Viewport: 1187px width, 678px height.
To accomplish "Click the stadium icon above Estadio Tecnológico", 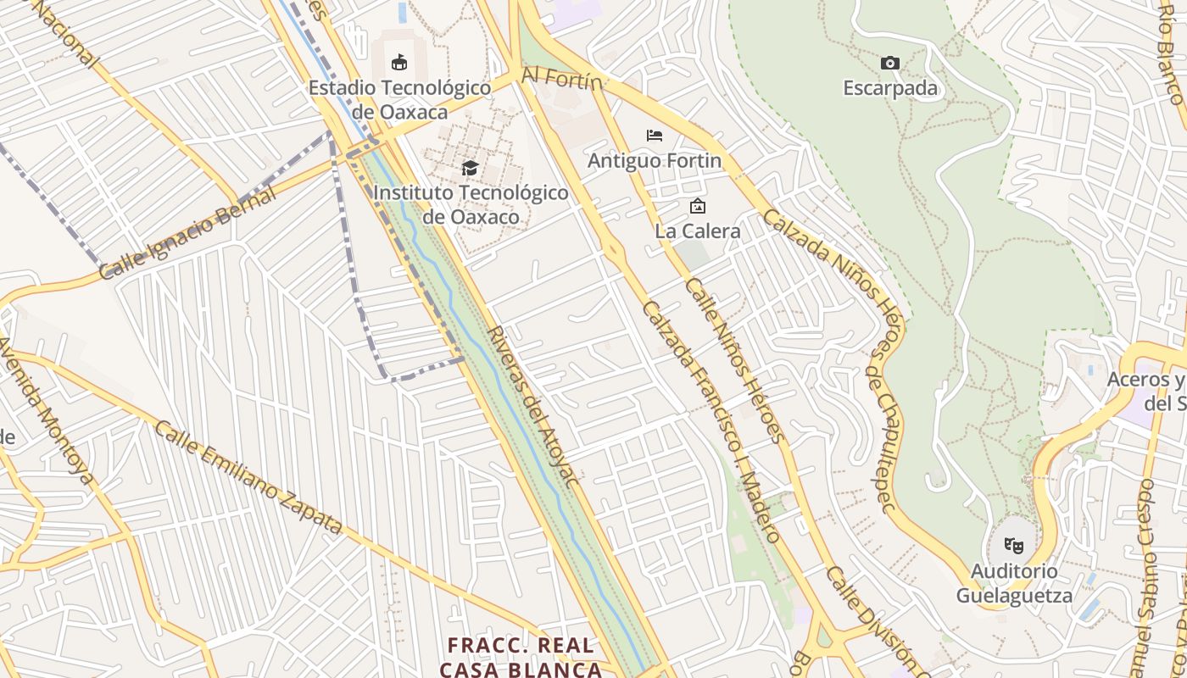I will [398, 62].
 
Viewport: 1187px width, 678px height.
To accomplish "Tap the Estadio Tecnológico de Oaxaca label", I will [399, 100].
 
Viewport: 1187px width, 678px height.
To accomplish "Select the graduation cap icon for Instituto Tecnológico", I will [470, 169].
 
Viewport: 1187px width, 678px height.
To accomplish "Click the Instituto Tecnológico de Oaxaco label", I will [471, 204].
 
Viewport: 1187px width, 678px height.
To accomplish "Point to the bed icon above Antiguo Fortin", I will [654, 136].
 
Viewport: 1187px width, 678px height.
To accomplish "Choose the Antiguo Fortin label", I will [655, 160].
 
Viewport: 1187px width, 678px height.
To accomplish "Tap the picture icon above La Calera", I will [697, 206].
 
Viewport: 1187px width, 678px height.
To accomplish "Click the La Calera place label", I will [697, 231].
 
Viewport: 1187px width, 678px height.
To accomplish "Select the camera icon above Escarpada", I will [889, 64].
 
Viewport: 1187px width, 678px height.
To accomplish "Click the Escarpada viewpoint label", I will [890, 88].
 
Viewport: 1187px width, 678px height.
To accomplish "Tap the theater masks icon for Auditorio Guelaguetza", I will [1013, 546].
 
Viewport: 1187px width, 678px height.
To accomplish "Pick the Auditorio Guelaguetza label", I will [1014, 583].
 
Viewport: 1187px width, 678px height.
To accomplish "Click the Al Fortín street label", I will [561, 78].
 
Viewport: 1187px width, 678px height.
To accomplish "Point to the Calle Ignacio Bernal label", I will [188, 235].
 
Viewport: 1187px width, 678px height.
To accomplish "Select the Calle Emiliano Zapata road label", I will [248, 480].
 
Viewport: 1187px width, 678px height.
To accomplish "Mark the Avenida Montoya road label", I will [47, 409].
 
